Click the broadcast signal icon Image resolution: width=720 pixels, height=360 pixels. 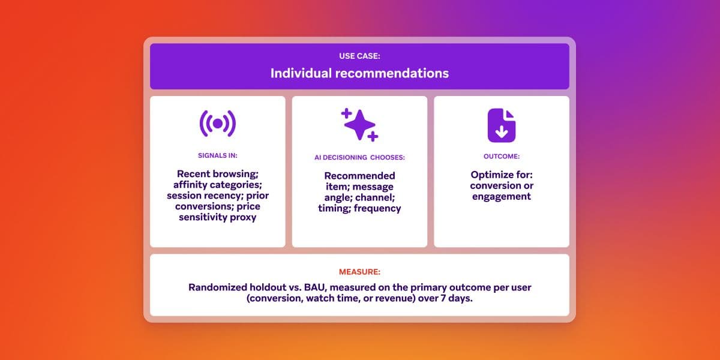[218, 123]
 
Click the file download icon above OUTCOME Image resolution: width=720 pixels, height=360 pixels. [501, 125]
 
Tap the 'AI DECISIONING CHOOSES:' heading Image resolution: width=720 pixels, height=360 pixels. [359, 157]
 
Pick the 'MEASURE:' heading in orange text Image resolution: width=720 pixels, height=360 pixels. [359, 272]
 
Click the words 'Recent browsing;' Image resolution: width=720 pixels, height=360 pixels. [218, 174]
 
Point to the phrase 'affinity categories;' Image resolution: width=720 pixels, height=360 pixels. [218, 185]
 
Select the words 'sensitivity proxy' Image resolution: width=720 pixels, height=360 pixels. [218, 217]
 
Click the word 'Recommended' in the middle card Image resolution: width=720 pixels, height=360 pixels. [359, 176]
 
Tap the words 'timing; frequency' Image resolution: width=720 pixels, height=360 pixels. [359, 208]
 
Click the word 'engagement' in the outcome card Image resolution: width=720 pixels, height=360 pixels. [501, 196]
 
